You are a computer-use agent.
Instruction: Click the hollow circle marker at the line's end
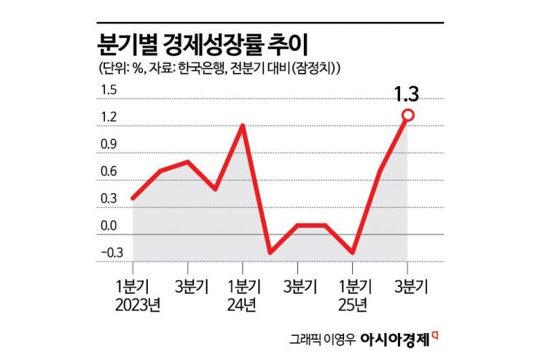(x=407, y=115)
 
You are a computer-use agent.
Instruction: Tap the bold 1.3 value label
(x=407, y=94)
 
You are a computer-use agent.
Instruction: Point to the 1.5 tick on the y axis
(x=108, y=90)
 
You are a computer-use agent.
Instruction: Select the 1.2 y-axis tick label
(x=108, y=117)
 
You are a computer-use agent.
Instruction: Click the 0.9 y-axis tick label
(x=108, y=144)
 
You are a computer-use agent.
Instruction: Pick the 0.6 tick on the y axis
(x=108, y=171)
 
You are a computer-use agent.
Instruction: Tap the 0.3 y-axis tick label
(x=108, y=198)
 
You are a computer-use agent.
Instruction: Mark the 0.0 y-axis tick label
(x=108, y=225)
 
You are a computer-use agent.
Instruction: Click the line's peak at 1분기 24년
(x=242, y=125)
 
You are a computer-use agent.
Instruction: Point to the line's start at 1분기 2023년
(x=133, y=197)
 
